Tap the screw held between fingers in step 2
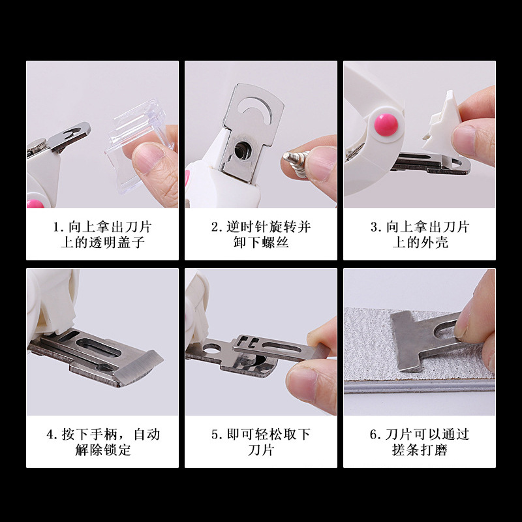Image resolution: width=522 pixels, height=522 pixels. (x=296, y=163)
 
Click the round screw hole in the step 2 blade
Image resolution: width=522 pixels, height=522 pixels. (x=242, y=151)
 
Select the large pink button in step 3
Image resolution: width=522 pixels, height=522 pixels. (x=386, y=125)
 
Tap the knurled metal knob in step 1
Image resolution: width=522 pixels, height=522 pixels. (x=36, y=146)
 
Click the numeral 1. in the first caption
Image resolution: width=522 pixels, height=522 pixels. (x=58, y=228)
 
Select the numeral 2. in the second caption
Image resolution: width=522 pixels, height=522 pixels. (x=217, y=228)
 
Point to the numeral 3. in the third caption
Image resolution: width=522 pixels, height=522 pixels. (x=376, y=228)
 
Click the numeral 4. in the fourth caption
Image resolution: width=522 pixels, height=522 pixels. (x=52, y=435)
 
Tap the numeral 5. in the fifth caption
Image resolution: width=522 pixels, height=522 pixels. (x=217, y=435)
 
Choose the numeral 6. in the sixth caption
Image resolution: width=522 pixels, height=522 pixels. (x=375, y=435)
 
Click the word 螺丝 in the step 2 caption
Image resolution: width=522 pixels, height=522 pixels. (x=275, y=242)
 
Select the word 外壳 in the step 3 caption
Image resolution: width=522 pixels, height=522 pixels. (x=434, y=242)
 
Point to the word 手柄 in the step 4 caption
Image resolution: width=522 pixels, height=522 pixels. (x=104, y=435)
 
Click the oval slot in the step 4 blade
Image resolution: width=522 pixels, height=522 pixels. (x=99, y=347)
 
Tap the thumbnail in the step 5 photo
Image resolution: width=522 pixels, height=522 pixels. (x=302, y=384)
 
